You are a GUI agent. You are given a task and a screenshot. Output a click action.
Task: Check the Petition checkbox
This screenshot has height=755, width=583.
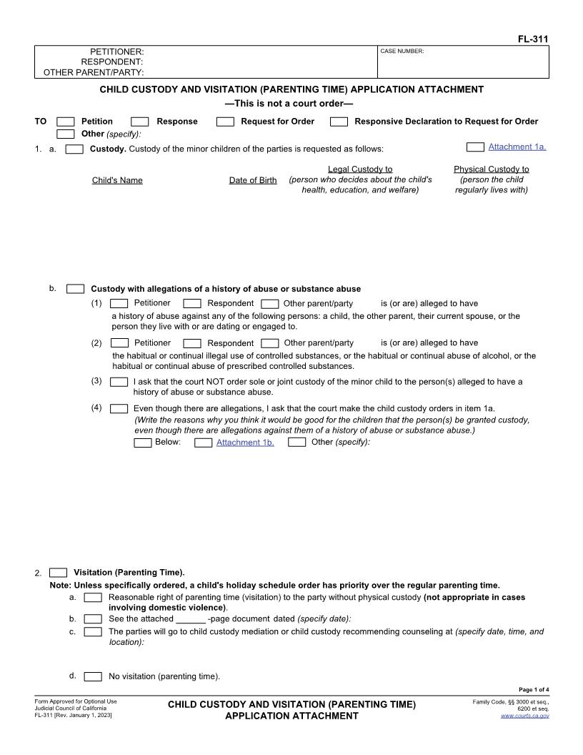coord(65,122)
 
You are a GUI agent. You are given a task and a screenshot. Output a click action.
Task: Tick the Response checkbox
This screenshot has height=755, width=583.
coord(140,122)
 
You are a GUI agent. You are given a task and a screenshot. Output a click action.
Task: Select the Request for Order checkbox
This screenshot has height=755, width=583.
coord(225,122)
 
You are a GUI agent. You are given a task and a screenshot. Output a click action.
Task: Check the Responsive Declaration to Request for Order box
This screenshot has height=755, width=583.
coord(339,122)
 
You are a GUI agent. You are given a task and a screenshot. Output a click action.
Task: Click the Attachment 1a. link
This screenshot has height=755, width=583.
coord(517,147)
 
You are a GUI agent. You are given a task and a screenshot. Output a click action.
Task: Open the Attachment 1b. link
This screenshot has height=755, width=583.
coord(245,443)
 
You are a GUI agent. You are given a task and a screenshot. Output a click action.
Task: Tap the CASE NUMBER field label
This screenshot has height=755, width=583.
coord(402,51)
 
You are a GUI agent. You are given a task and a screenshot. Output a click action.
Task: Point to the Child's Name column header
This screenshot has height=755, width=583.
coord(117,180)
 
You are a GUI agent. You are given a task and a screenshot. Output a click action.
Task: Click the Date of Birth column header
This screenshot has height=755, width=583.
coord(252,180)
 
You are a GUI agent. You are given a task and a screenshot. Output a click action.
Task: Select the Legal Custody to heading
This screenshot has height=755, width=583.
coord(360,169)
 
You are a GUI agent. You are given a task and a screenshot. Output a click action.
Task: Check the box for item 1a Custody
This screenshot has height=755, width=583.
coord(74,149)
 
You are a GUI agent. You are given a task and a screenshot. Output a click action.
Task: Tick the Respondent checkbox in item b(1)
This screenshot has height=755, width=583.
coord(192,303)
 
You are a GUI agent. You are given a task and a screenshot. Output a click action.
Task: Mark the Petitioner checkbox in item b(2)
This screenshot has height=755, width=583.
coord(119,343)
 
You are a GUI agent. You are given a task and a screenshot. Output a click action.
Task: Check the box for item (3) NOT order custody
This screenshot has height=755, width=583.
coord(119,382)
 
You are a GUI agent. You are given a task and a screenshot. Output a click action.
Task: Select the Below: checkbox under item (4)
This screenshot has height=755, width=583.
coord(143,443)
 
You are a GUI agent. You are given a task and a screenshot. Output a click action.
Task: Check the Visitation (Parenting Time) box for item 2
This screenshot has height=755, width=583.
coord(59,573)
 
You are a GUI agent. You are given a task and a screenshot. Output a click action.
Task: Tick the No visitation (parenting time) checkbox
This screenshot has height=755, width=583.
coord(93,676)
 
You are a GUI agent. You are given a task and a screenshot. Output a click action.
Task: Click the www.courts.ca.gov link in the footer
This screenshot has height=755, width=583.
coord(524,716)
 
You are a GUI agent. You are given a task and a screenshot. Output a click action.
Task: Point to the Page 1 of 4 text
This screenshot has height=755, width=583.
coord(534,690)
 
